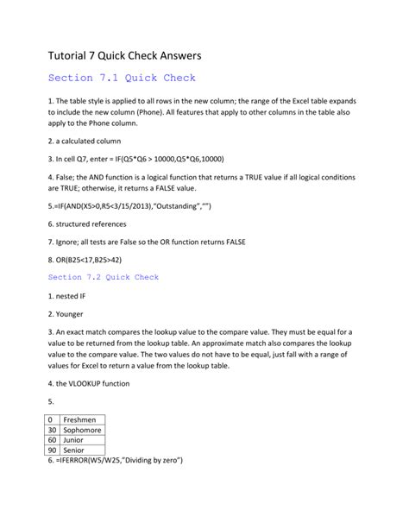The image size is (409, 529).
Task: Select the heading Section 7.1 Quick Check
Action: tap(122, 79)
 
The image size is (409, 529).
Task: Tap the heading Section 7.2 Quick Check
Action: tap(104, 277)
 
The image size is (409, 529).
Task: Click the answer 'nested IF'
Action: tap(72, 296)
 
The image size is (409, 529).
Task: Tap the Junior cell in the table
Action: tap(76, 440)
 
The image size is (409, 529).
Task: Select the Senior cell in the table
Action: tap(76, 450)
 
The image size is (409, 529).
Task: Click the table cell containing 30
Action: tap(53, 430)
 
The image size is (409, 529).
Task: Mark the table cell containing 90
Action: tap(53, 450)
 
